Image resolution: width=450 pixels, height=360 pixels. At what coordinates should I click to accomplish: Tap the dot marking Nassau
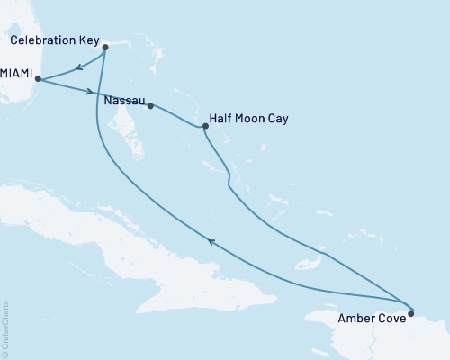coord(150,106)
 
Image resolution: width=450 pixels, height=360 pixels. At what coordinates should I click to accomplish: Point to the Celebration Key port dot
coord(106,47)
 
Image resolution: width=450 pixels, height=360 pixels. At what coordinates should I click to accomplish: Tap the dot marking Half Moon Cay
coord(205,126)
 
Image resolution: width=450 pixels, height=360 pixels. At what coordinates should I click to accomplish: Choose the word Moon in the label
coord(249,117)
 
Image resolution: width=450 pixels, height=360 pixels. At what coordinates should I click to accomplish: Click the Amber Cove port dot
coord(411,313)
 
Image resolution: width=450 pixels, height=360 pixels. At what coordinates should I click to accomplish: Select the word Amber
coord(354,317)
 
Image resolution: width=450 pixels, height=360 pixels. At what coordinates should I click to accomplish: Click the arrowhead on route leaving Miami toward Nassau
coord(89,91)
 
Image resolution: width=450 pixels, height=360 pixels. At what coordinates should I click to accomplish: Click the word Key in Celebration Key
coord(90,40)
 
